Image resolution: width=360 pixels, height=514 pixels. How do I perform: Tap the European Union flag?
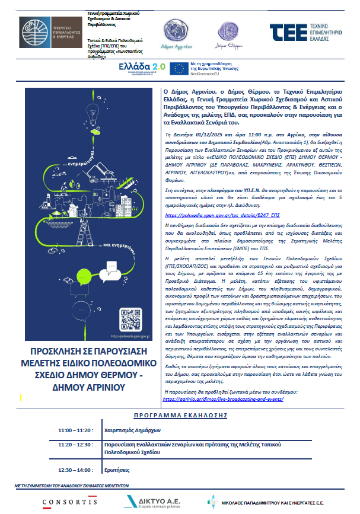click(x=179, y=68)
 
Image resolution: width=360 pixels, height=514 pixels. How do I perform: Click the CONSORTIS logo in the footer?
click(x=69, y=502)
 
